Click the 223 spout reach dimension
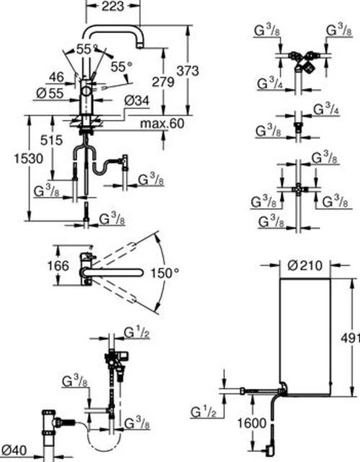point(113,6)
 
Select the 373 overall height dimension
point(188,71)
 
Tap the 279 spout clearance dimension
point(163,82)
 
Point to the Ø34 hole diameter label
point(136,101)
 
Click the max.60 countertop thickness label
point(162,123)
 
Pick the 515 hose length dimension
point(51,140)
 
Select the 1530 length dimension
point(29,159)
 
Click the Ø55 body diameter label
point(50,94)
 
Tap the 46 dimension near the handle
point(56,77)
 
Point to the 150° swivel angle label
point(164,273)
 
